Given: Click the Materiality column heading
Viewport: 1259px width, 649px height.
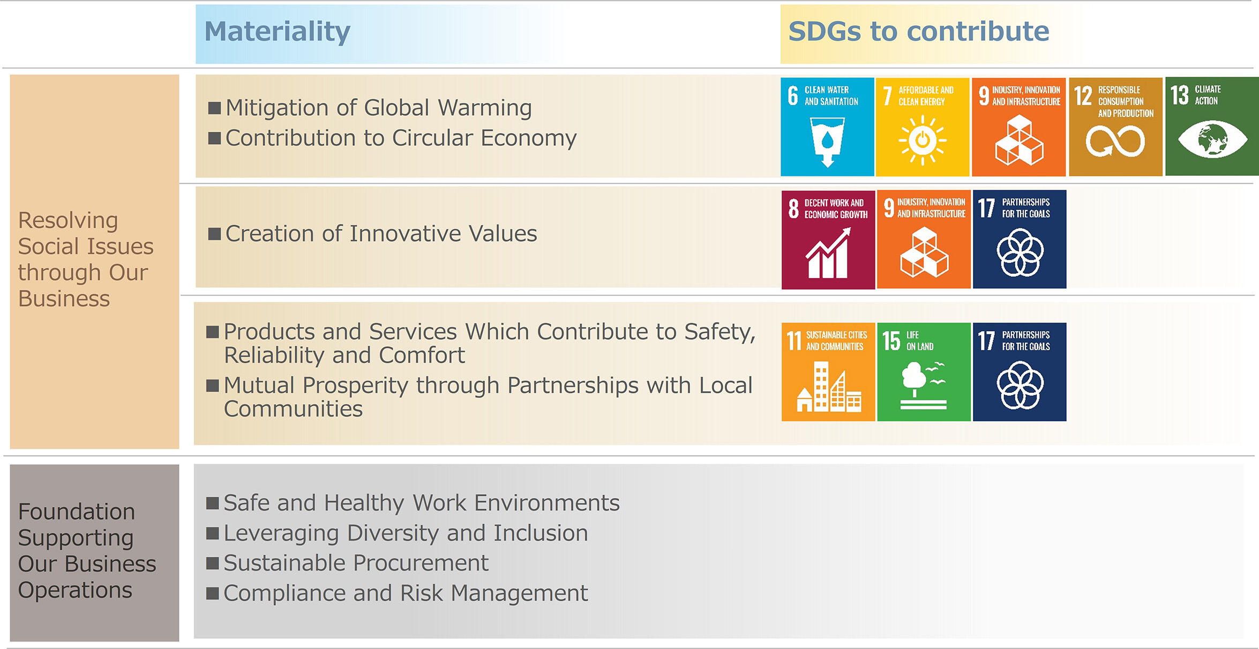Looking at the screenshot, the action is coord(278,32).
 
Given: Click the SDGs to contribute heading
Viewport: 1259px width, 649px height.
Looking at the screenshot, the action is coord(919,32).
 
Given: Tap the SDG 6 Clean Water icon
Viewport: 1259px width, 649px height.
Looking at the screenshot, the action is coord(827,127).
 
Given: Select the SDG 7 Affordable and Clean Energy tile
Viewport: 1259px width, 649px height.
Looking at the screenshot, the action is coord(923,127).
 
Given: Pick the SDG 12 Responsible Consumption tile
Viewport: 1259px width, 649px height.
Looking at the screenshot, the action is coord(1115,127).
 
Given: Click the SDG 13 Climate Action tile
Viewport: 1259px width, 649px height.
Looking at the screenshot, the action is coord(1212,126).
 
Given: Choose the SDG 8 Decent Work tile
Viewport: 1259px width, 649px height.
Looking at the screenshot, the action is coord(828,240).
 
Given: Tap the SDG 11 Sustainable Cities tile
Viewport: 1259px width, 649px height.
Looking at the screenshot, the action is coord(828,372).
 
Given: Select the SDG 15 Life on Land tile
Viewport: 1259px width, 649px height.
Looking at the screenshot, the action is coord(924,372).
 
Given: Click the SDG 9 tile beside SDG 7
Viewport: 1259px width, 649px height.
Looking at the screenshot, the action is coord(1018,127).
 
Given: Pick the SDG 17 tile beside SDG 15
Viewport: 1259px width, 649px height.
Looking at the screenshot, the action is coord(1020,372).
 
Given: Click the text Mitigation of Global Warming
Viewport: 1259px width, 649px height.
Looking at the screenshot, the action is coord(379,108).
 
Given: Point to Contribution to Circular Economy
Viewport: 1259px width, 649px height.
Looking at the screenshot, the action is coord(401,138).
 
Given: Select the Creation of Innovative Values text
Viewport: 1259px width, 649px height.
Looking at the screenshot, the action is coord(381,234).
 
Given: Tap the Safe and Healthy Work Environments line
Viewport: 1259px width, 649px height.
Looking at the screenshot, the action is coord(422,503).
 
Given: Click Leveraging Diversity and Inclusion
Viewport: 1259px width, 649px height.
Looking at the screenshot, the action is coord(406,533).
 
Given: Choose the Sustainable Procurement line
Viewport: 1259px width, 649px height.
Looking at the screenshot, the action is coord(356,563).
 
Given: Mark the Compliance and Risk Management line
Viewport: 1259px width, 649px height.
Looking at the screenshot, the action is coord(406,593).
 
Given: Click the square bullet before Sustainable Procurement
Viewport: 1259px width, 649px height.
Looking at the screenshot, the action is coord(213,563).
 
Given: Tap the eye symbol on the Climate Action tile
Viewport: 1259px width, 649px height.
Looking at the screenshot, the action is coord(1212,139).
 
